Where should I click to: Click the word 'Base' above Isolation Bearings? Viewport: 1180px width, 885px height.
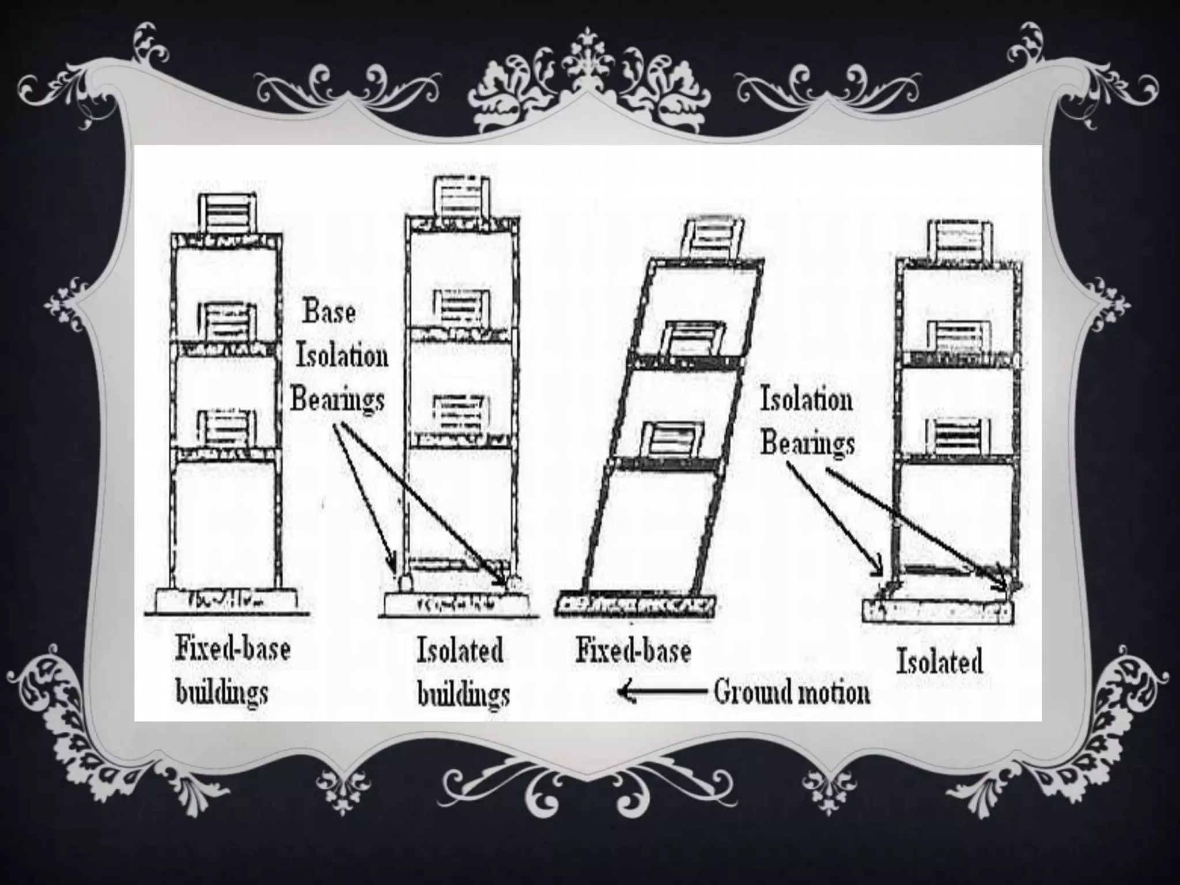[329, 312]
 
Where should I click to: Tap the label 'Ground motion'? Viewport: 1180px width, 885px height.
[792, 691]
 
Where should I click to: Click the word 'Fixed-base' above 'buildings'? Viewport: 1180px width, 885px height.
[233, 649]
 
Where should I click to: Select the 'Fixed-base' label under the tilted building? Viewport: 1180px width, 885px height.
[633, 651]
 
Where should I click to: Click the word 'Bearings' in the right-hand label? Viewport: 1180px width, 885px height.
[808, 444]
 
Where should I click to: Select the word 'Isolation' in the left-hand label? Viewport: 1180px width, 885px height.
[342, 357]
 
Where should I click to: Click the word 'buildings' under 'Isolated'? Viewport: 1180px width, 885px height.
[463, 694]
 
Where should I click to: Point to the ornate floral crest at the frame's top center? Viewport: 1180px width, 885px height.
[589, 86]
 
